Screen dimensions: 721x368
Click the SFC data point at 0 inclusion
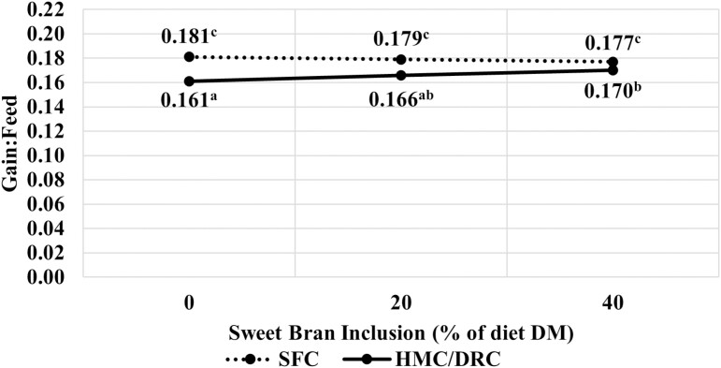point(189,56)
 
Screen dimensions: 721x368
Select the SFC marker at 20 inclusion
point(401,59)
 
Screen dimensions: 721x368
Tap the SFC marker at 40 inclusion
point(613,62)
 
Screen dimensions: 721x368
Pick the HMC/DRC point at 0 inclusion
point(189,81)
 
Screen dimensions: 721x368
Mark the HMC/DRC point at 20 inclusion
point(401,75)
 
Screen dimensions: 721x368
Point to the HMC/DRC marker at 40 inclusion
point(613,70)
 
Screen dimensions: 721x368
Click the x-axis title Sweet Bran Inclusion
point(400,333)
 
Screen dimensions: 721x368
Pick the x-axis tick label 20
point(400,304)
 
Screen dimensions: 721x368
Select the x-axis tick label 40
point(613,304)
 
